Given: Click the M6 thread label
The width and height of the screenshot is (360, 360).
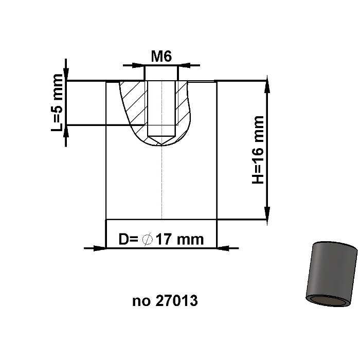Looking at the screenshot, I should [x=161, y=57].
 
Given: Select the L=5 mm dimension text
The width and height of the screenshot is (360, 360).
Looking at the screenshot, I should [x=58, y=102].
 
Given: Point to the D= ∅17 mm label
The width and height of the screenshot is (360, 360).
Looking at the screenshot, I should [x=161, y=239].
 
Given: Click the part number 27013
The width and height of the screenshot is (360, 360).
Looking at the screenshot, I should [x=175, y=301].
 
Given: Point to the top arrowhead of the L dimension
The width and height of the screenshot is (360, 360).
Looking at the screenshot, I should [x=65, y=75].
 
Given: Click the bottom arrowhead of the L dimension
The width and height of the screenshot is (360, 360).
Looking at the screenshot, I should [x=65, y=131].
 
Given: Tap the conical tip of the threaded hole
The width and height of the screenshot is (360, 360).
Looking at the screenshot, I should [x=161, y=139].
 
